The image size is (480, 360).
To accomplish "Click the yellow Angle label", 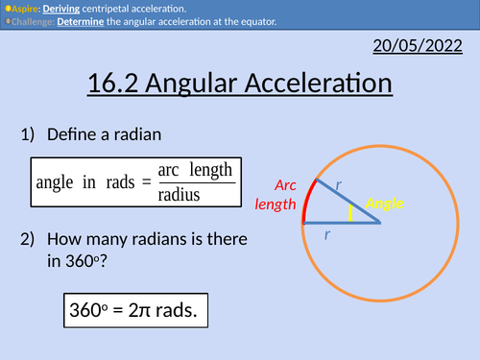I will (x=385, y=204).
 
